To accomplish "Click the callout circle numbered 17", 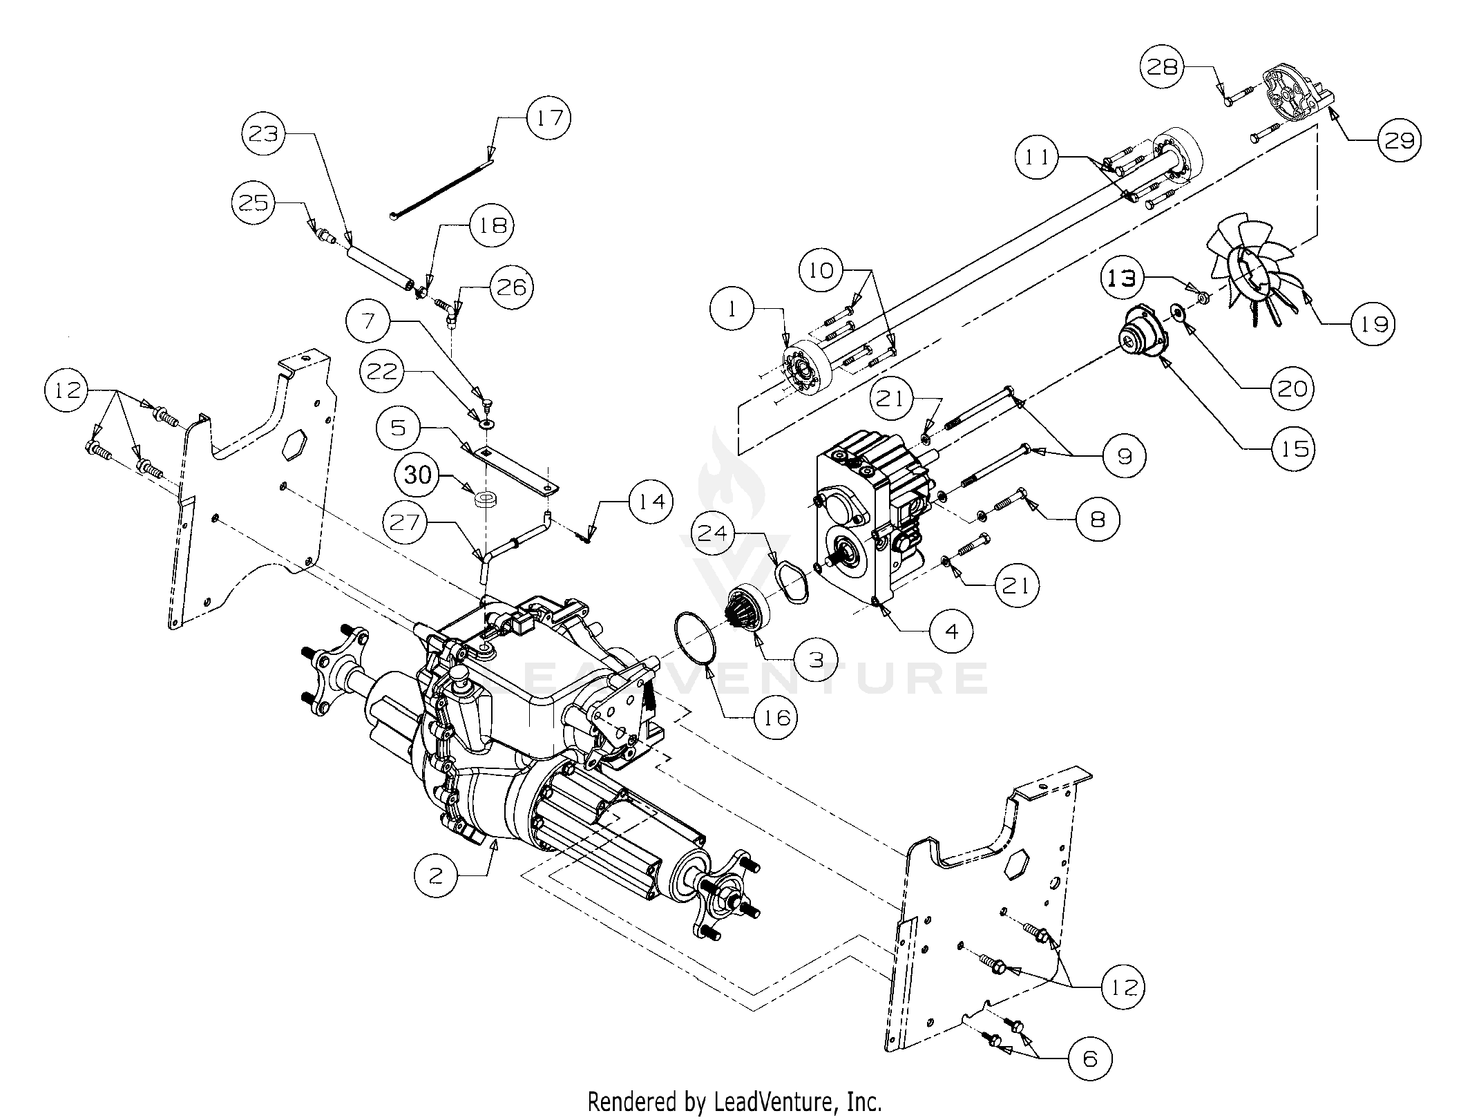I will tap(548, 118).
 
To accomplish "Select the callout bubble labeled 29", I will tap(1400, 140).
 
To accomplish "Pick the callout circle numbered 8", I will tap(1096, 519).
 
